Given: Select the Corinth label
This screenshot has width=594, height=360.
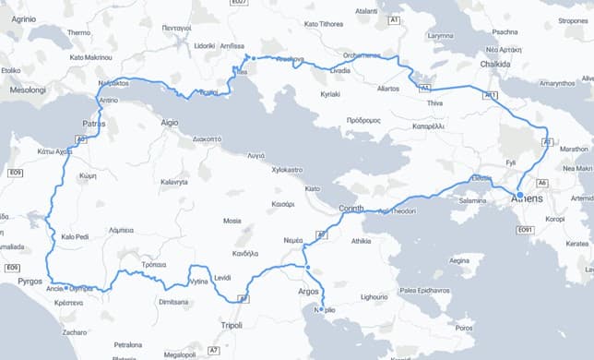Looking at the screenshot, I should pos(354,209).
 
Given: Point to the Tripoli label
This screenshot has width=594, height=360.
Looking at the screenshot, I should pos(232,325).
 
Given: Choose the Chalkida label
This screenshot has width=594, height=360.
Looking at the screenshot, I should pos(496,65).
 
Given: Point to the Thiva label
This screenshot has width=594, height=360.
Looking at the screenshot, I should pos(434,103).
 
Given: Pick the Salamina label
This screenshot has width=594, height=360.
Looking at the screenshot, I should pos(473,199).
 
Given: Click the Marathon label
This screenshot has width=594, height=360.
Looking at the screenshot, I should pos(574,148).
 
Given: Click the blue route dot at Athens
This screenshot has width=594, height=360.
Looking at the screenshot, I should pos(519,194).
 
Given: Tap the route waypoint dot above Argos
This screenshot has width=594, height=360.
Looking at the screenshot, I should pos(307,268).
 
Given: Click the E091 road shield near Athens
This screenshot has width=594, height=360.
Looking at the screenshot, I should pos(526,229).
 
